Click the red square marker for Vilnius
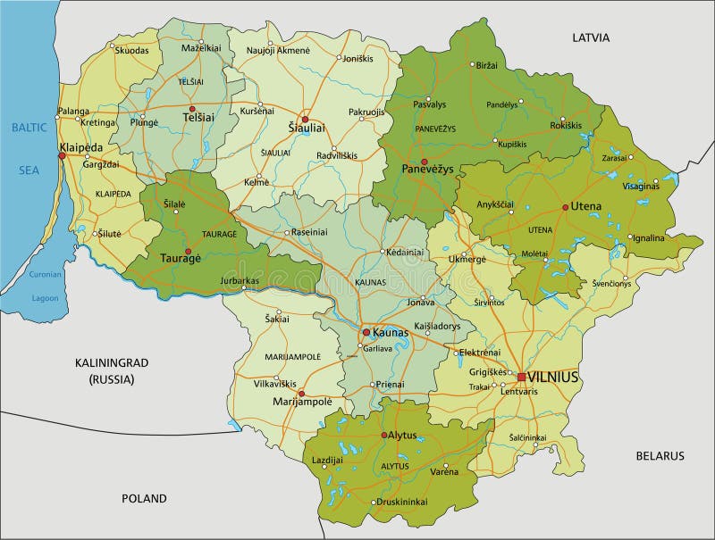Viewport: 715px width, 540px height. point(521,377)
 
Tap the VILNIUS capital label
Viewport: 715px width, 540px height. point(553,377)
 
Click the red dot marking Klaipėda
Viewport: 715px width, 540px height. point(62,156)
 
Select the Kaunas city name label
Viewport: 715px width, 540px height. point(391,332)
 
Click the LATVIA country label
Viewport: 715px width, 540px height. point(591,37)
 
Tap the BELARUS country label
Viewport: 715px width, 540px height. point(660,455)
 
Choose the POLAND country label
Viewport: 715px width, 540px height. point(144,498)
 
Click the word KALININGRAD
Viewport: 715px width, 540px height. point(111,362)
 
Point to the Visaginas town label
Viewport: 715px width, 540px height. point(640,186)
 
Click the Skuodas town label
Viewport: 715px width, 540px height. point(132,51)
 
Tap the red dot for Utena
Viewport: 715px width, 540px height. point(565,207)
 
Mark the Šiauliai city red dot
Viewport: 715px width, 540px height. point(304,119)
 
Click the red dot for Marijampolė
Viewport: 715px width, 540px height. point(301,393)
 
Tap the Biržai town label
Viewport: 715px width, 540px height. point(486,66)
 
